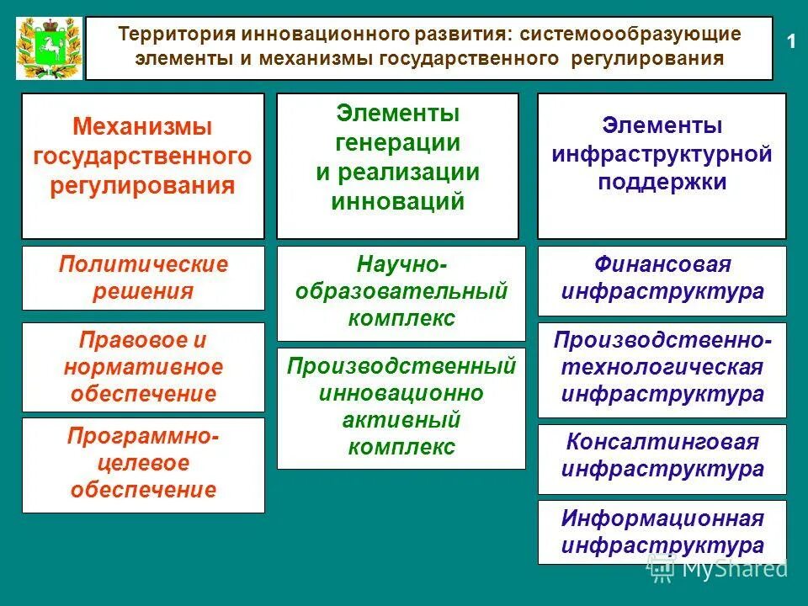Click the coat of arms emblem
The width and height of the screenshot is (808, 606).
pyautogui.click(x=49, y=49)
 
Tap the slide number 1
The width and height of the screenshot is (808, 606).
pyautogui.click(x=790, y=42)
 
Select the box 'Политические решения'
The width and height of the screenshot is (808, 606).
pyautogui.click(x=143, y=278)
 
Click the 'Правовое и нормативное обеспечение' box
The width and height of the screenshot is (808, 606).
pyautogui.click(x=143, y=367)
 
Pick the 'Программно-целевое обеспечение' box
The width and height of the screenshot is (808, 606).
pyautogui.click(x=143, y=465)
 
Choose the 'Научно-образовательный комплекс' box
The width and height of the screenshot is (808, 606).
pyautogui.click(x=401, y=293)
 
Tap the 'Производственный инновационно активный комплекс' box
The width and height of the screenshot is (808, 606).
pyautogui.click(x=401, y=407)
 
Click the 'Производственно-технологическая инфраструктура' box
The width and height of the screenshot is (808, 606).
pyautogui.click(x=662, y=369)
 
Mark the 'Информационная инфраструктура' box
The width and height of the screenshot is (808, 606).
pyautogui.click(x=662, y=532)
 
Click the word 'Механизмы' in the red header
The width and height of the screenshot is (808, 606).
pyautogui.click(x=142, y=128)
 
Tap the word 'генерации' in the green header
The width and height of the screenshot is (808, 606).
pyautogui.click(x=397, y=143)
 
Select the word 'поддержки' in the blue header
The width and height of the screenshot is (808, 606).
pyautogui.click(x=662, y=183)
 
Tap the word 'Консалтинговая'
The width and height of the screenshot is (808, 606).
pyautogui.click(x=662, y=443)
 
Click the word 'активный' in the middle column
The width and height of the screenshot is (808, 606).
pyautogui.click(x=401, y=420)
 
